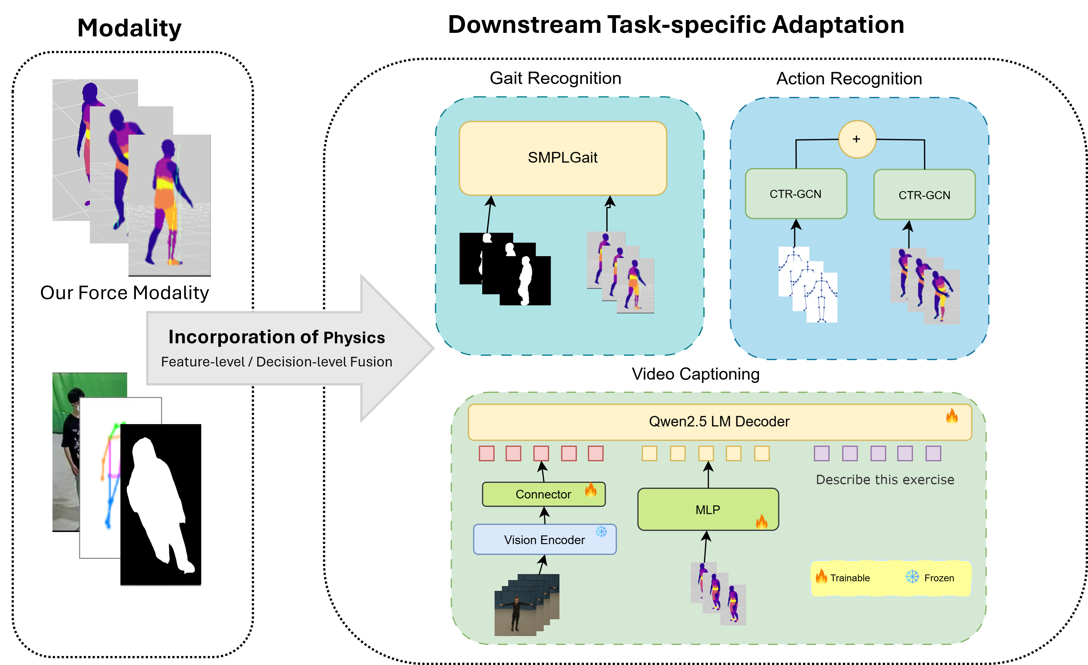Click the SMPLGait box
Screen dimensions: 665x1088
pyautogui.click(x=563, y=158)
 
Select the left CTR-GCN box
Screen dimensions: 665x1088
pyautogui.click(x=796, y=194)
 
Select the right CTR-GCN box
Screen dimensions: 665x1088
pyautogui.click(x=924, y=195)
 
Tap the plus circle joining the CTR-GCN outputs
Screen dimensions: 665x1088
pyautogui.click(x=856, y=139)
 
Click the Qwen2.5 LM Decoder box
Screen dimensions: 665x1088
pyautogui.click(x=719, y=422)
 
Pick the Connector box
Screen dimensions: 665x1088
pyautogui.click(x=543, y=494)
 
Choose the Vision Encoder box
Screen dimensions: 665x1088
pyautogui.click(x=544, y=540)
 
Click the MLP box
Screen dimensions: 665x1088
pyautogui.click(x=708, y=509)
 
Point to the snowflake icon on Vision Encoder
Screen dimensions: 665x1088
pyautogui.click(x=601, y=531)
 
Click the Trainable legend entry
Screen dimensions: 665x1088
pyautogui.click(x=843, y=578)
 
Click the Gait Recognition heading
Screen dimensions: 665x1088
pyautogui.click(x=555, y=78)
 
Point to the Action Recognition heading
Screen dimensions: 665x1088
pyautogui.click(x=849, y=79)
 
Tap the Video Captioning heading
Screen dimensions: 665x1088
pyautogui.click(x=695, y=374)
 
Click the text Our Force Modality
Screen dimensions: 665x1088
pyautogui.click(x=125, y=293)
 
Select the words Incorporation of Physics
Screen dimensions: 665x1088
pyautogui.click(x=276, y=337)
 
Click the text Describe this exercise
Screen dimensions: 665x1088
pyautogui.click(x=885, y=480)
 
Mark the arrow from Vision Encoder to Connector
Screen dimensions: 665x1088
pyautogui.click(x=544, y=515)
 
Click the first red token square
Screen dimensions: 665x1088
pyautogui.click(x=486, y=453)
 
